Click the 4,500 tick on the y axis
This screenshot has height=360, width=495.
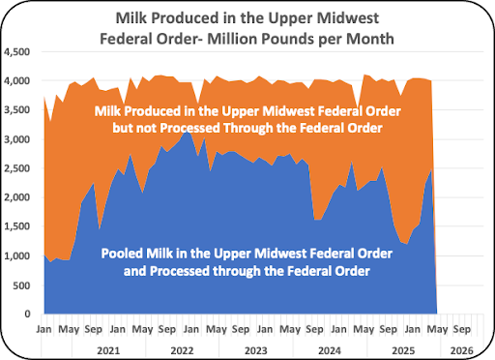(16, 52)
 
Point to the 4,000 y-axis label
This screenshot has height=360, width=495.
(16, 80)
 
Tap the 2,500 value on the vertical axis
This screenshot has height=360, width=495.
(16, 168)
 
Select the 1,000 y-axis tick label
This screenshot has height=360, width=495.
(16, 256)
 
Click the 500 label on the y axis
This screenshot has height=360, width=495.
(21, 285)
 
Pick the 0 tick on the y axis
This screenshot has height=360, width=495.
(27, 314)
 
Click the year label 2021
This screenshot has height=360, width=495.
(108, 350)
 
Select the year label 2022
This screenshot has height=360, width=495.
(182, 350)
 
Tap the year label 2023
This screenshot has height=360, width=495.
(256, 350)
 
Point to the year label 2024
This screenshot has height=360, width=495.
(330, 350)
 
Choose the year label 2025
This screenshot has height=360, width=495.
(403, 350)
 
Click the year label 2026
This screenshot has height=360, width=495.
(462, 350)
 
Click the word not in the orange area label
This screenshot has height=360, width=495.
(146, 128)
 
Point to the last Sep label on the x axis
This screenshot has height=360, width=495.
(462, 330)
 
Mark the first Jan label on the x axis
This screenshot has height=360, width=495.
(44, 329)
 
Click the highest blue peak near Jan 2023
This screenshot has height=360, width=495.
(187, 132)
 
